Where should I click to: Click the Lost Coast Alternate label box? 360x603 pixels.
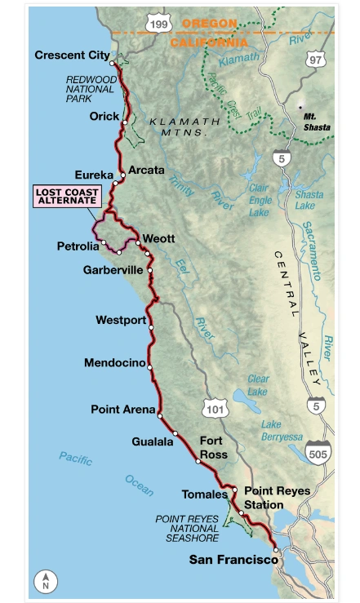67,197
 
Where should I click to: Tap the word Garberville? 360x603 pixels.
118,269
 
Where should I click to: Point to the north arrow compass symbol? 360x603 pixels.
46,580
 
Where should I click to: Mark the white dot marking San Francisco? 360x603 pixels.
276,550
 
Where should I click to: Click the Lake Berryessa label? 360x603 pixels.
282,431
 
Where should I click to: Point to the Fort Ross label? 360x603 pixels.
213,447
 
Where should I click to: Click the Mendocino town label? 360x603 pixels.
114,363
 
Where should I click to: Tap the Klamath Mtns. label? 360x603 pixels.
185,126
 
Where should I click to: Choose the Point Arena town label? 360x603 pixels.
122,410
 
